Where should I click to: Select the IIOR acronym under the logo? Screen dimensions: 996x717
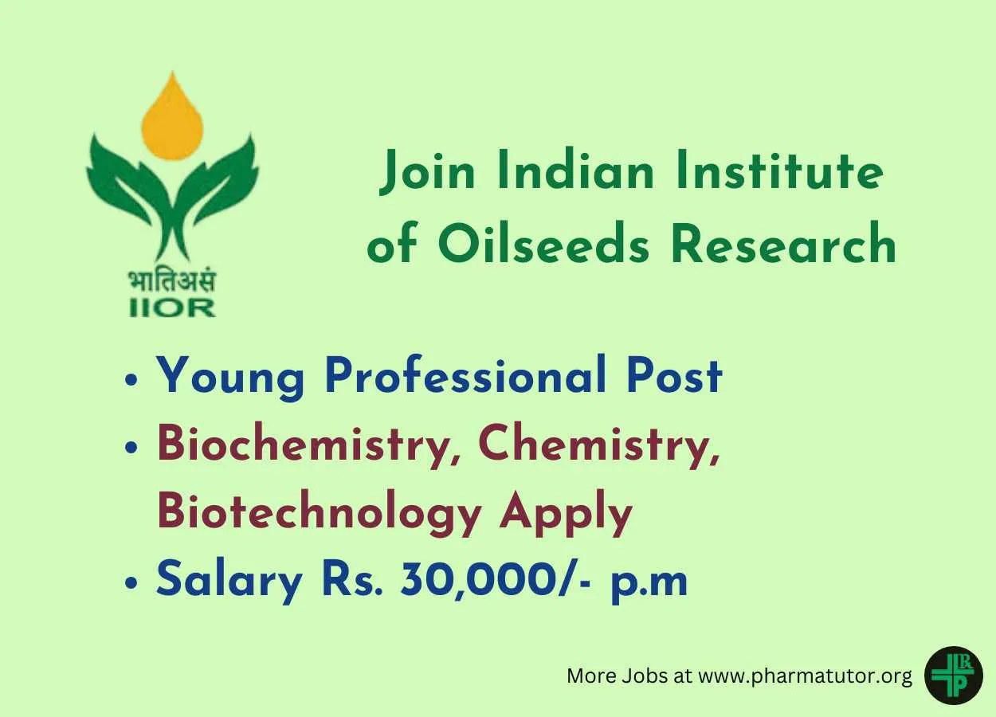pyautogui.click(x=173, y=308)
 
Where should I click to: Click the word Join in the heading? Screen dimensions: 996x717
pyautogui.click(x=427, y=172)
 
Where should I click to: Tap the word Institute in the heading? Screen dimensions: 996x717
pyautogui.click(x=779, y=170)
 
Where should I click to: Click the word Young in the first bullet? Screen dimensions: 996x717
pyautogui.click(x=230, y=377)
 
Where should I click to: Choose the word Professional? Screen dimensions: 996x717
pyautogui.click(x=465, y=374)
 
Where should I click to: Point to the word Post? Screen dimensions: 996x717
pyautogui.click(x=674, y=375)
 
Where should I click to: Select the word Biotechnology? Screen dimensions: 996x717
pyautogui.click(x=320, y=515)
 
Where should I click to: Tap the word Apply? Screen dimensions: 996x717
pyautogui.click(x=566, y=515)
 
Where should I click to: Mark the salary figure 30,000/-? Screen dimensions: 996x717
pyautogui.click(x=496, y=580)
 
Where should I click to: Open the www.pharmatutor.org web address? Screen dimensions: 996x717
pyautogui.click(x=806, y=676)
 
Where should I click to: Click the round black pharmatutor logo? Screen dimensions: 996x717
pyautogui.click(x=953, y=676)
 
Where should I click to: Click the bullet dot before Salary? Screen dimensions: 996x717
pyautogui.click(x=131, y=582)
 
